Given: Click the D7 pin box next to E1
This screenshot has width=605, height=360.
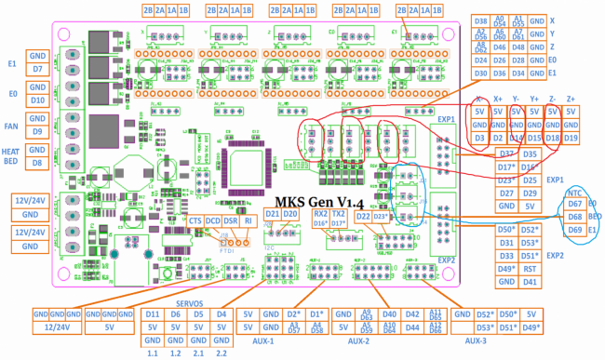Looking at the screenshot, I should [37, 69].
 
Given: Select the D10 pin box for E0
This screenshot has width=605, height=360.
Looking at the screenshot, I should [37, 100].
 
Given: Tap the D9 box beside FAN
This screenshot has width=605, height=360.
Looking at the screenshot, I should [37, 131].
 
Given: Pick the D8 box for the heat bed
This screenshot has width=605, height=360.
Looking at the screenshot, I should [37, 163].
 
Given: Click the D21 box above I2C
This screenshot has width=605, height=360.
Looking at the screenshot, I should [272, 215].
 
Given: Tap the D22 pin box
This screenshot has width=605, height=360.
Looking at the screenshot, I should [364, 216].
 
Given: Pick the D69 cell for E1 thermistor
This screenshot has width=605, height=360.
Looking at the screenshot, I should [574, 229].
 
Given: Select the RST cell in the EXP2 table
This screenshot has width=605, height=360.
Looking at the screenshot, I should [530, 268].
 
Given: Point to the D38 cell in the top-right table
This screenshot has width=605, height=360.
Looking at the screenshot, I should [480, 20].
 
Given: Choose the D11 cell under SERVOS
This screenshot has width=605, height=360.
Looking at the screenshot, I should [153, 315].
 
